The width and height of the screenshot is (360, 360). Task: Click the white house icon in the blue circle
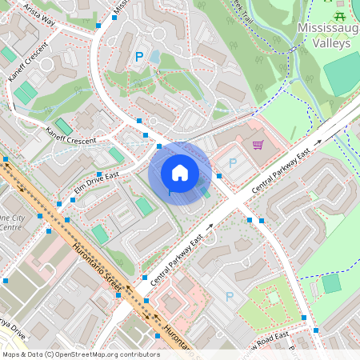point(180,173)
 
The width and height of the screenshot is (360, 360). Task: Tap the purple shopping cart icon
point(258,145)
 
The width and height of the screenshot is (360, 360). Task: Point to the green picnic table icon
point(341,15)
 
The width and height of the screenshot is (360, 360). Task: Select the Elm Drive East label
point(96,183)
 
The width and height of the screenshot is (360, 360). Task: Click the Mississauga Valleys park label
point(326,35)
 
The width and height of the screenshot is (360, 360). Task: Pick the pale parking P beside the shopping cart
point(233,162)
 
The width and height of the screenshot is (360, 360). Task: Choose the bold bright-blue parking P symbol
point(138,57)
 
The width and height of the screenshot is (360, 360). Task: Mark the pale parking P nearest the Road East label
point(230,297)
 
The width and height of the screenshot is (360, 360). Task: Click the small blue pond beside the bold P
point(154,58)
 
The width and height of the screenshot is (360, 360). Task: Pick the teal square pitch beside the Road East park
point(331,283)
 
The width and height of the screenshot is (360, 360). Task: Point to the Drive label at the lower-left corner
point(11,330)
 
